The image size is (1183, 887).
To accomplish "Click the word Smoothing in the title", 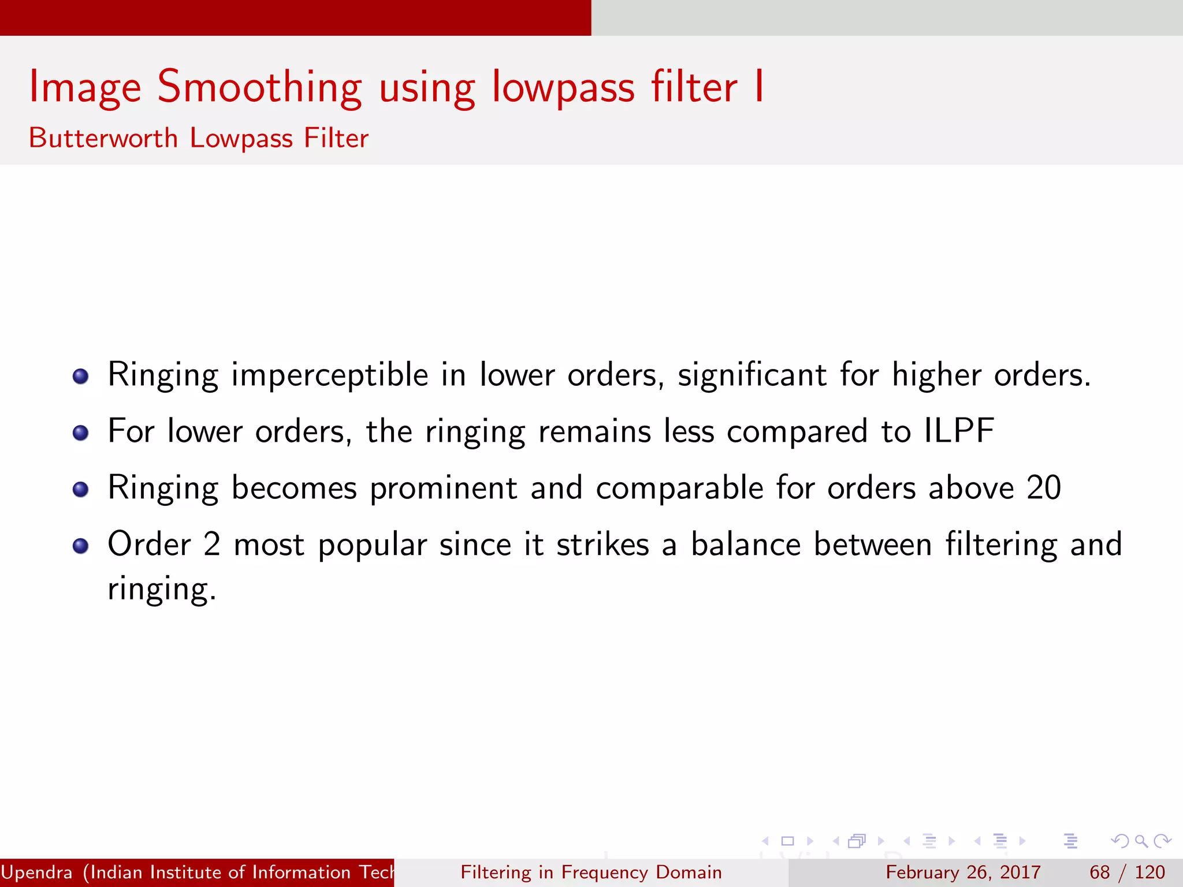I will (x=259, y=87).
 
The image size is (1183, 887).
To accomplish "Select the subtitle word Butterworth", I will (x=103, y=138).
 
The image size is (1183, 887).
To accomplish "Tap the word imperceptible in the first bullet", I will (x=330, y=375).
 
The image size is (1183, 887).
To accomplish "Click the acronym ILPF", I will (x=959, y=431).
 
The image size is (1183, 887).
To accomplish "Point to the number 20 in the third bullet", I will (x=1044, y=487).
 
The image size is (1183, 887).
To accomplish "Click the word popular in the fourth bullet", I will (x=372, y=545).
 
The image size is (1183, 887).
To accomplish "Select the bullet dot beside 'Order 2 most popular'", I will (x=81, y=546).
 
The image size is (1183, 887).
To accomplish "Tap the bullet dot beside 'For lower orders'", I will (x=81, y=433).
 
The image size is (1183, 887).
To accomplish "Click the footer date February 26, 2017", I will (x=963, y=872).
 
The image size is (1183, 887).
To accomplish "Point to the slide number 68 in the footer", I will (x=1099, y=872).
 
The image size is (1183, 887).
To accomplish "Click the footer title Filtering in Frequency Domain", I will (x=591, y=872).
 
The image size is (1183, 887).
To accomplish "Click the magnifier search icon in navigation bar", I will (x=1141, y=841).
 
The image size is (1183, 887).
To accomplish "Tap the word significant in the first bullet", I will (x=752, y=375).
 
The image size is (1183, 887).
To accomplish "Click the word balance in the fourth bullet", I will (x=746, y=545).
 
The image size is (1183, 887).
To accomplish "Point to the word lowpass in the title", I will (x=564, y=88).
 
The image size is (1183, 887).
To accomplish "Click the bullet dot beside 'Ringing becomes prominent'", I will (x=81, y=489).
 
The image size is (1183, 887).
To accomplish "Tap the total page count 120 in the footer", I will (x=1149, y=872).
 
